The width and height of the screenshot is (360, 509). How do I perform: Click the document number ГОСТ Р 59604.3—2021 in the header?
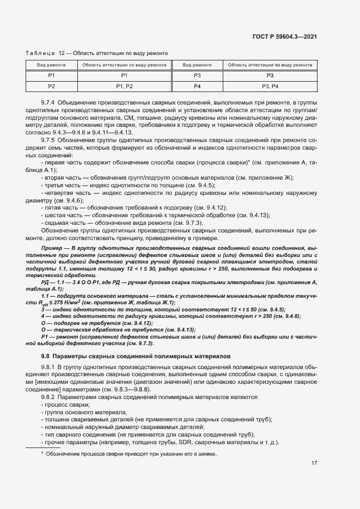pos(292,37)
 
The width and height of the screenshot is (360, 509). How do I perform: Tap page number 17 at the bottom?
pos(314,463)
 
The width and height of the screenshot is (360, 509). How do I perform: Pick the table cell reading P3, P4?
pos(270,87)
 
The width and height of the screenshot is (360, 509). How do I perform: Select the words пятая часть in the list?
pos(60,208)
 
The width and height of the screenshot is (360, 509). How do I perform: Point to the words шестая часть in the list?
pos(62,216)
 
